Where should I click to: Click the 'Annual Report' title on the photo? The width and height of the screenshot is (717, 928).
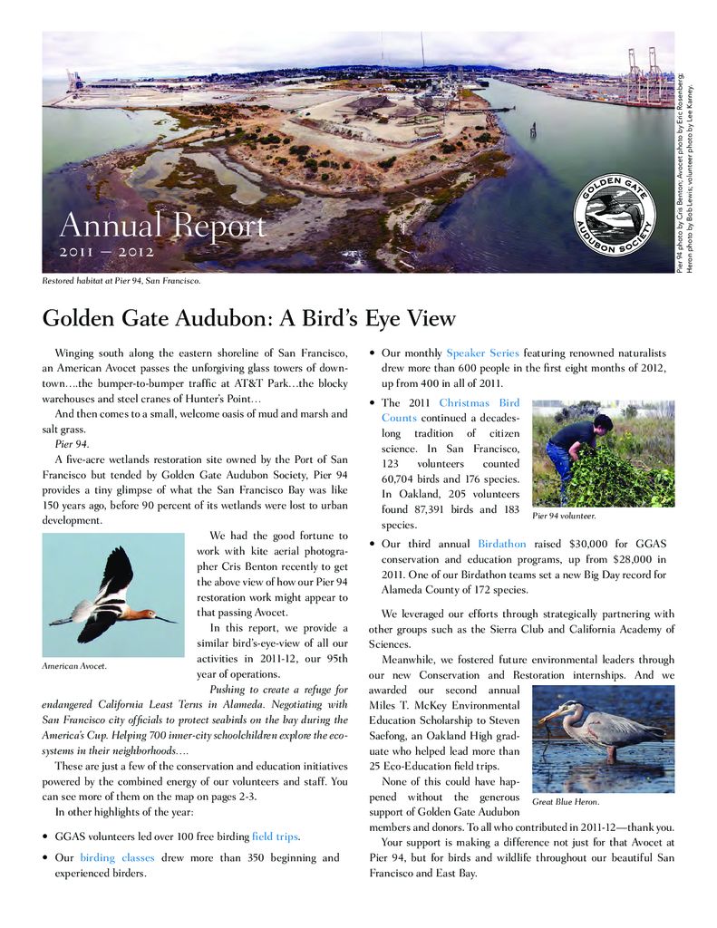(x=162, y=226)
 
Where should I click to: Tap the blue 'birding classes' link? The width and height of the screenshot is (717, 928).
(x=117, y=857)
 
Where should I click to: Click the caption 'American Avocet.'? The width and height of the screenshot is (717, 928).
(x=74, y=667)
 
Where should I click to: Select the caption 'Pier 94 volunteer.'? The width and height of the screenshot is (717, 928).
(x=564, y=516)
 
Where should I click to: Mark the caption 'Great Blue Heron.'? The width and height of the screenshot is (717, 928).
(x=566, y=802)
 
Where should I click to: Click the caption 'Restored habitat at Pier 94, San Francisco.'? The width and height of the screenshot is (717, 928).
(x=121, y=280)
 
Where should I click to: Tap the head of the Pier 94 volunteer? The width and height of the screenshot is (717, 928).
(x=603, y=422)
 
